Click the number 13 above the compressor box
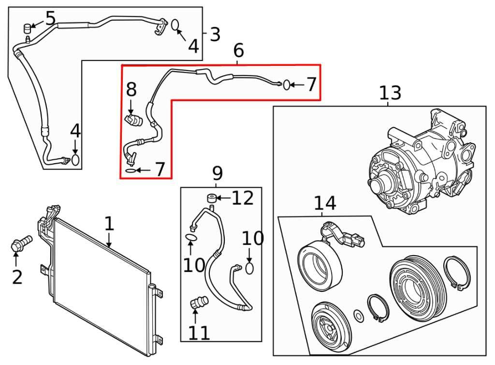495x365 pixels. click(x=390, y=92)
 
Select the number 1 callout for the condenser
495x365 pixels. click(x=109, y=224)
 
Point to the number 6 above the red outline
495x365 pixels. click(x=238, y=50)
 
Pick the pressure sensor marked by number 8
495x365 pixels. click(x=132, y=119)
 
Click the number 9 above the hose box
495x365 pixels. click(x=217, y=172)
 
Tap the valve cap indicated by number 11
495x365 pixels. click(x=199, y=303)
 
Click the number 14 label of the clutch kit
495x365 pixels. click(x=325, y=203)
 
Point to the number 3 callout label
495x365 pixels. click(x=215, y=34)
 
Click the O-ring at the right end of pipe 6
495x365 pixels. click(x=287, y=85)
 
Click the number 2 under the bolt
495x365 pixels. click(x=17, y=277)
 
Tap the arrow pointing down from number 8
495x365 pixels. click(x=131, y=107)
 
